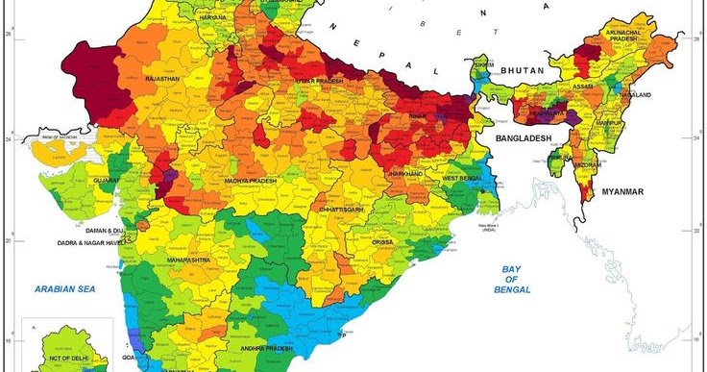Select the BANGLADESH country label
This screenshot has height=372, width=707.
[524, 139]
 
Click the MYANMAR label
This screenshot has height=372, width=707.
[621, 192]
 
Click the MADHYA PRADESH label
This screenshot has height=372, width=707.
[252, 180]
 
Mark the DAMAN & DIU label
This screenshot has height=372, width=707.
[107, 231]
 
